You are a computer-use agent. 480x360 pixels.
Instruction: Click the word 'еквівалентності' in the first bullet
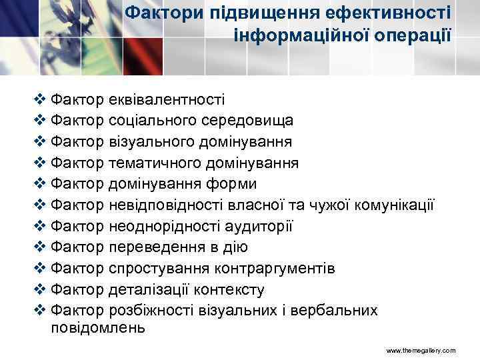[x=166, y=101]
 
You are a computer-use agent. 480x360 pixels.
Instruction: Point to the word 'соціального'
[x=148, y=122]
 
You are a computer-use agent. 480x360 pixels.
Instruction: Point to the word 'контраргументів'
[x=278, y=269]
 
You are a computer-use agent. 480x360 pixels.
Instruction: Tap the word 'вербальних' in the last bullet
[x=339, y=311]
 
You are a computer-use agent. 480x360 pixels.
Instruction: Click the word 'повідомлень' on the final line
[x=97, y=327]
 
